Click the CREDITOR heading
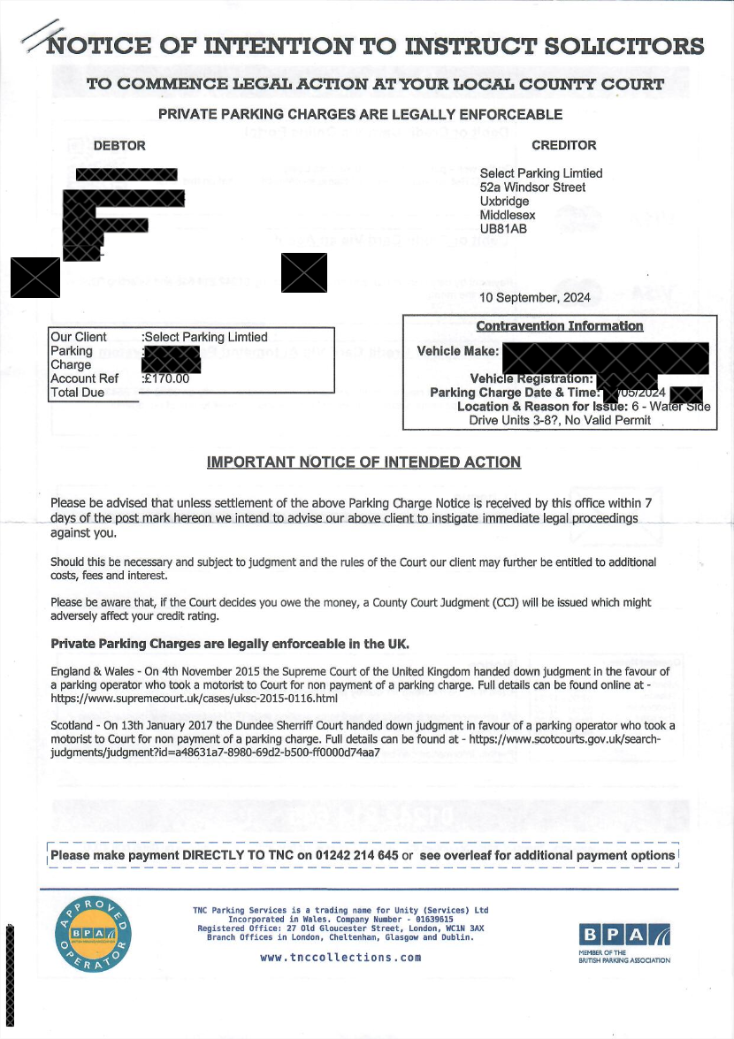(x=563, y=145)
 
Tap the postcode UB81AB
(x=503, y=229)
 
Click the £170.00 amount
(x=168, y=378)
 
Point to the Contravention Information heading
(x=559, y=326)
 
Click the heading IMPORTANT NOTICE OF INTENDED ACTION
(x=363, y=462)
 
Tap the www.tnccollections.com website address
(x=340, y=958)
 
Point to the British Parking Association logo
(x=624, y=940)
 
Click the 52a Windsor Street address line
(x=532, y=187)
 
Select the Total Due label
(x=78, y=393)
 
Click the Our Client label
(x=79, y=337)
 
